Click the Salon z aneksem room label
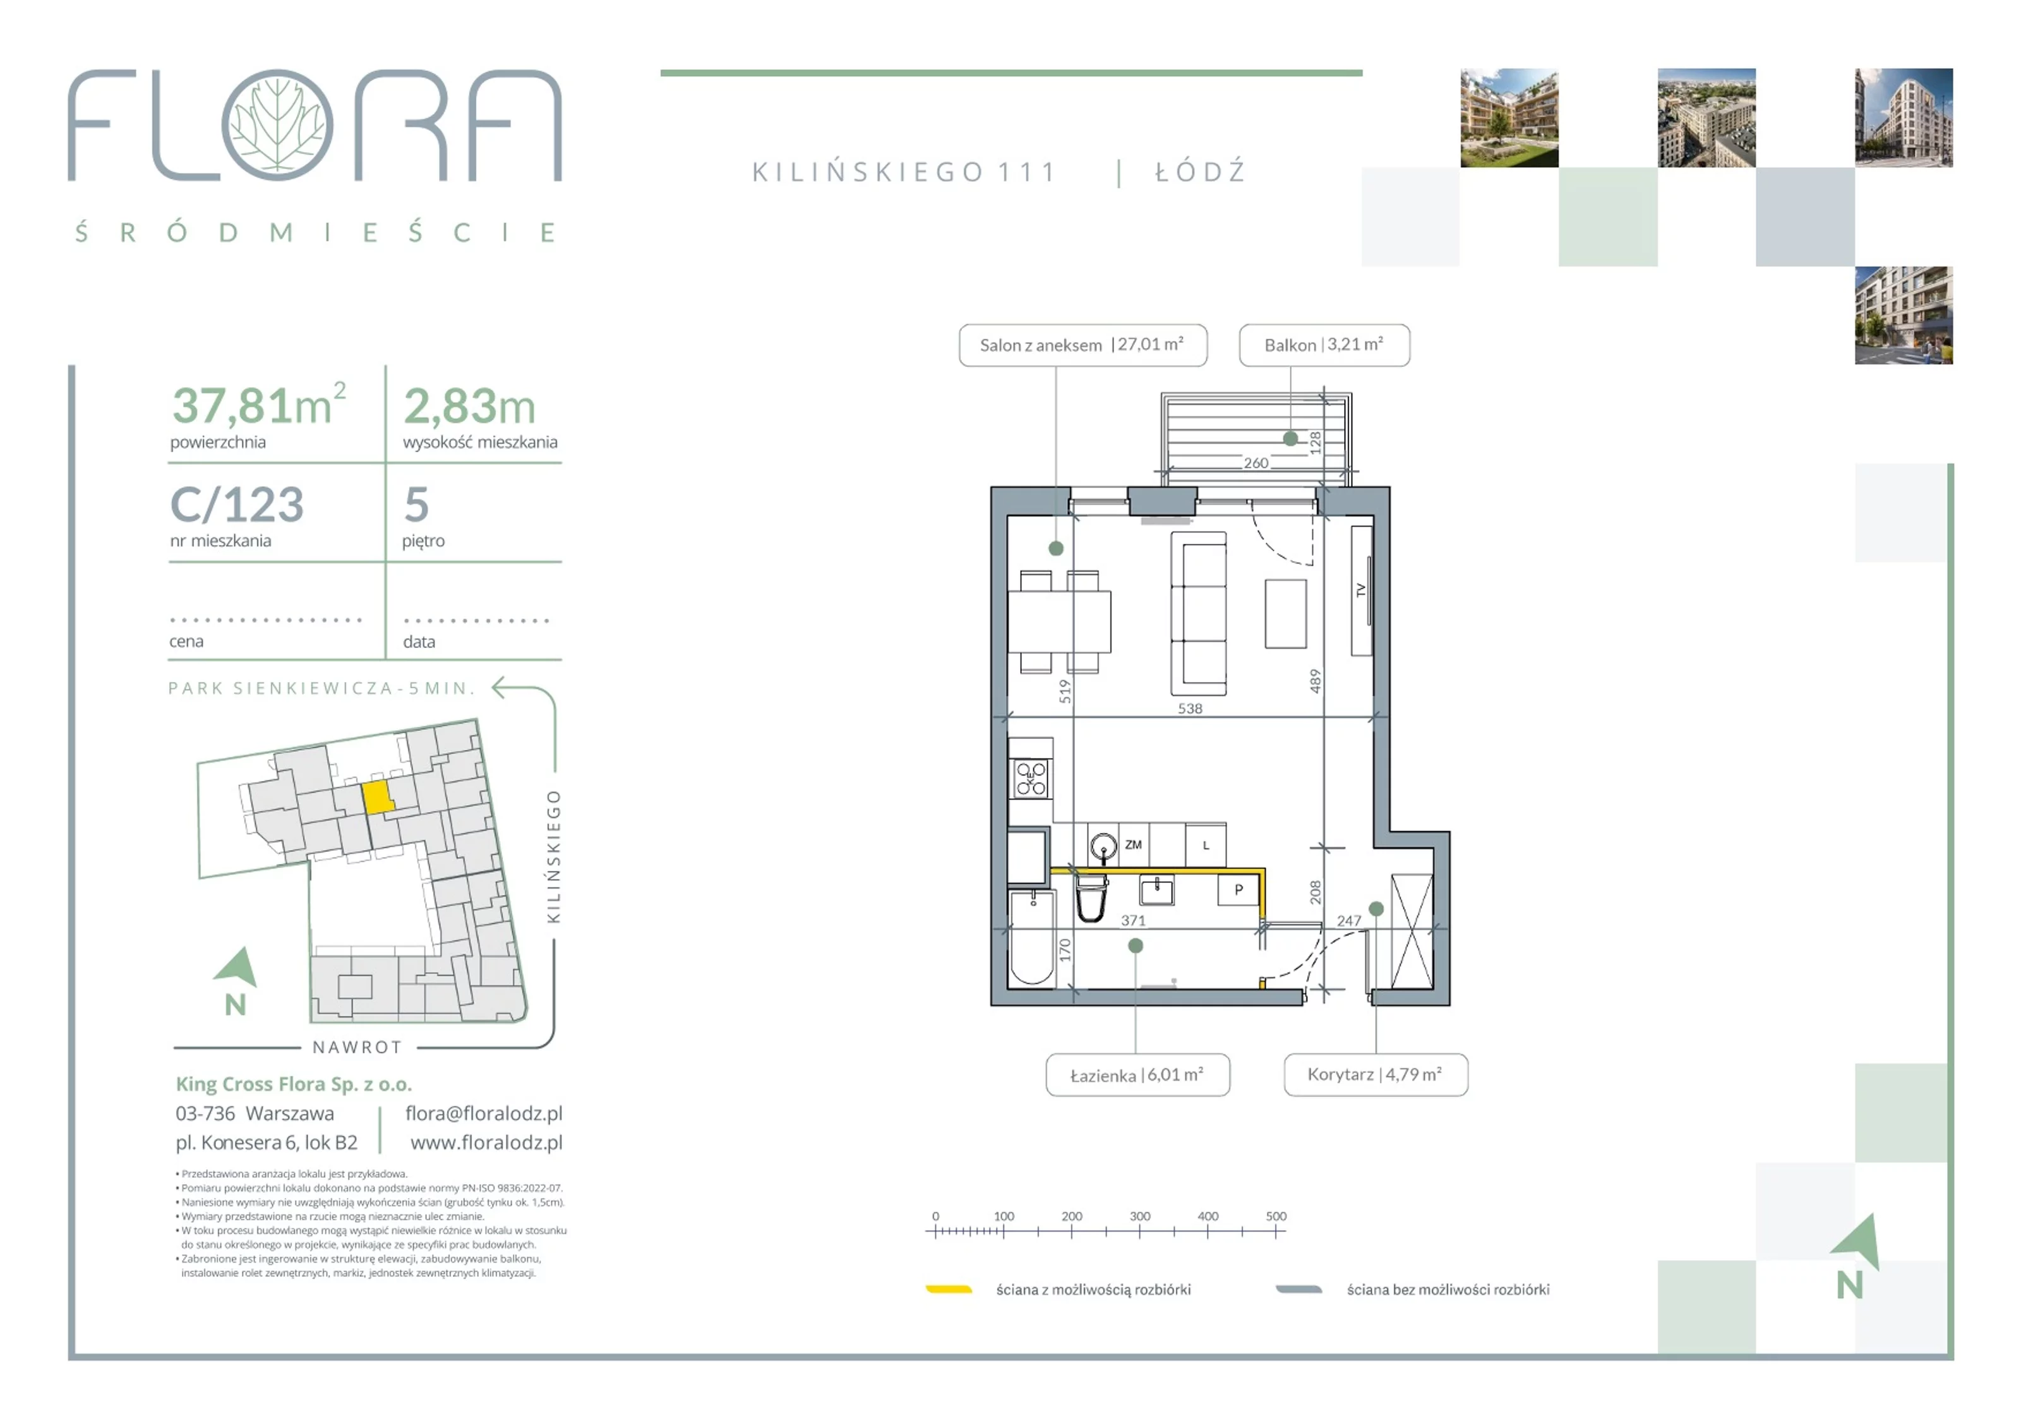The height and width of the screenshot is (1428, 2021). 1082,345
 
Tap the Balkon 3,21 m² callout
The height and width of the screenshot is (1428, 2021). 1324,345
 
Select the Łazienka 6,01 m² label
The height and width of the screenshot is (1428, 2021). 1137,1075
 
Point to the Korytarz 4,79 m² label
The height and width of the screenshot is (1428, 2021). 1376,1075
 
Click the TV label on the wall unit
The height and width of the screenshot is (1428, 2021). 1361,591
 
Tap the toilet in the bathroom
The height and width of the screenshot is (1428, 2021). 1091,898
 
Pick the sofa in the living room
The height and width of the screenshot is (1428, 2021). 1198,614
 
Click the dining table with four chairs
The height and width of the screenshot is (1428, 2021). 1059,621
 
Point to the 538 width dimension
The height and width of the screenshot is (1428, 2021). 1190,708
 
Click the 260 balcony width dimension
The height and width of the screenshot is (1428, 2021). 1256,463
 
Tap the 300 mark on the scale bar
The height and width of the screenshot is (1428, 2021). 1140,1216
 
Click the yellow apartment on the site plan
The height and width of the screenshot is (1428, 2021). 378,798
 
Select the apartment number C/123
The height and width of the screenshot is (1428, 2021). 237,505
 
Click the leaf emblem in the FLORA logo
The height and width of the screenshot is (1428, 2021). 277,125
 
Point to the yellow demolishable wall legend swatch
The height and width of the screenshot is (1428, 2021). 949,1290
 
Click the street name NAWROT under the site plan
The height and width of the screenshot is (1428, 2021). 357,1048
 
